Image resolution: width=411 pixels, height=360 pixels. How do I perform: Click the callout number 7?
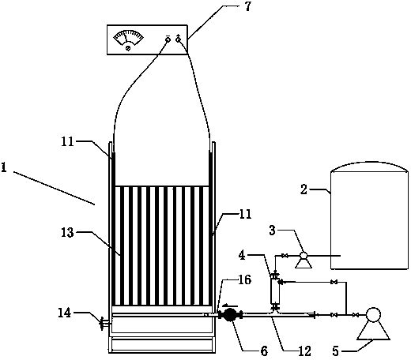point(247,7)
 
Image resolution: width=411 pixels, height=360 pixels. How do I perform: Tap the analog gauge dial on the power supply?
point(128,37)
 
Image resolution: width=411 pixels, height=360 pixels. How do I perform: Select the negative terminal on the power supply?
point(168,39)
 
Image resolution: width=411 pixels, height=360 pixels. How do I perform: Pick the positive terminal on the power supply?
point(179,39)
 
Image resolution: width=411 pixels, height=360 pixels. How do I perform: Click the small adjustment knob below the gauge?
point(128,48)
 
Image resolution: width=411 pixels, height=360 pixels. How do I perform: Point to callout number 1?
point(4,167)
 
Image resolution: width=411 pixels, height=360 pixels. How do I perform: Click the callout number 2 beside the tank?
point(304,189)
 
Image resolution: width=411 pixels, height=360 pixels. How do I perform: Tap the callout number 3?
point(272,230)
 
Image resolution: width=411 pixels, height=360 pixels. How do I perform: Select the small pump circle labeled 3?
point(304,255)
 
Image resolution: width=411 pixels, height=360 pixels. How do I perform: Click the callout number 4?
point(243,255)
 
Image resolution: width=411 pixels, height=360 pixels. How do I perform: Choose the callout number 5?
point(335,351)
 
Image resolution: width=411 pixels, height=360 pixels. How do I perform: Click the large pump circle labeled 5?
point(373,314)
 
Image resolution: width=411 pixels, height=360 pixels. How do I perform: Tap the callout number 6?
point(264,351)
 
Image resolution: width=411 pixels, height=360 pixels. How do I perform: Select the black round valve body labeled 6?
point(230,315)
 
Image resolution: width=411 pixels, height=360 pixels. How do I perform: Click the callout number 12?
point(304,351)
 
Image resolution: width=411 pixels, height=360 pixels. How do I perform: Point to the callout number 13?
point(67,233)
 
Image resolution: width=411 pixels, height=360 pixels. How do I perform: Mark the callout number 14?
point(65,313)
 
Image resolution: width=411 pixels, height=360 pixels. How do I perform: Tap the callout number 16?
point(244,279)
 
